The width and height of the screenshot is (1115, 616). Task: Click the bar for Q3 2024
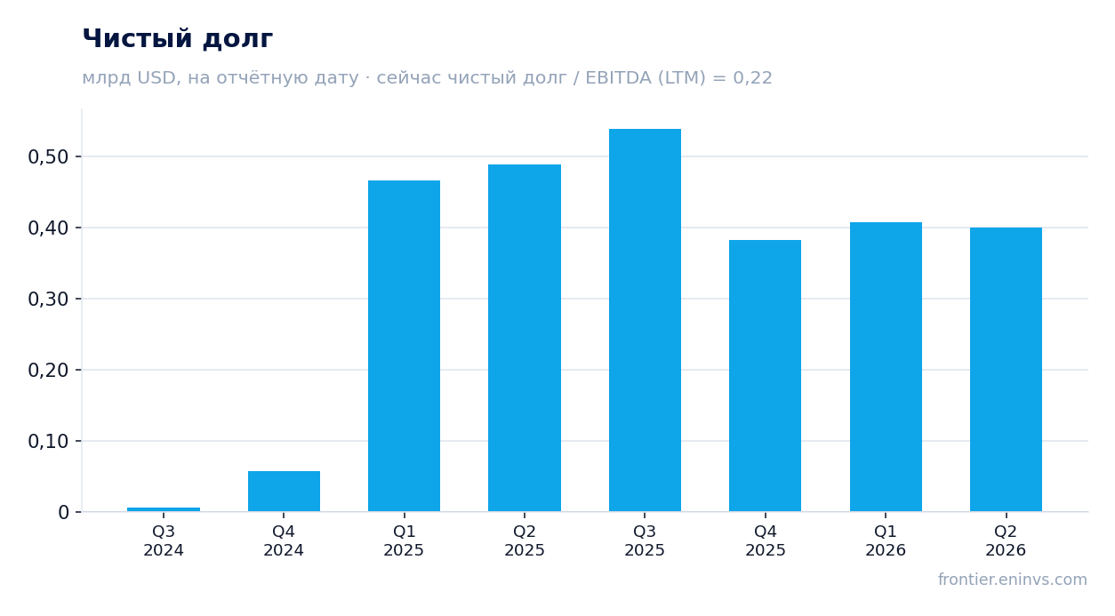click(x=164, y=509)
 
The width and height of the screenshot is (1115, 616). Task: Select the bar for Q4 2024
click(x=285, y=491)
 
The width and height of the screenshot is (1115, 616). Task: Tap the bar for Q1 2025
click(x=405, y=346)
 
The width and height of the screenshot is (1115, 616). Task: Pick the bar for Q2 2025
click(x=525, y=338)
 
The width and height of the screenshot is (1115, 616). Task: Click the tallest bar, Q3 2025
click(x=646, y=320)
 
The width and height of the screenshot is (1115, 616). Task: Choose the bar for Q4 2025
click(x=765, y=376)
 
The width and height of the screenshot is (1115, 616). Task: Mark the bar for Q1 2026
click(x=886, y=367)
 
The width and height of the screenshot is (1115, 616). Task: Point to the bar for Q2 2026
click(x=1006, y=369)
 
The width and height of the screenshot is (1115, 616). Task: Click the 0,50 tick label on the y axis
click(x=48, y=156)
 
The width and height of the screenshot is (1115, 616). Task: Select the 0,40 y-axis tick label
click(x=48, y=228)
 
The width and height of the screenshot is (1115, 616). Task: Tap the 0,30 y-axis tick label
click(x=48, y=299)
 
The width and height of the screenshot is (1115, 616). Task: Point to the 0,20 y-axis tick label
click(x=48, y=370)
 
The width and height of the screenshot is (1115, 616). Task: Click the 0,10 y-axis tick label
click(x=48, y=442)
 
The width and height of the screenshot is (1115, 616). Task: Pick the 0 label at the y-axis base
click(x=63, y=513)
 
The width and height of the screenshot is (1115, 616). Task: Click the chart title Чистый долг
click(x=178, y=39)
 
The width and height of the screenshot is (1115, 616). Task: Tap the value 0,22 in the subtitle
click(x=752, y=77)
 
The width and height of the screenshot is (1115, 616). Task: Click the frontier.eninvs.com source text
click(x=1013, y=580)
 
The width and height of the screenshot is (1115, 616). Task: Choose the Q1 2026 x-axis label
click(x=886, y=540)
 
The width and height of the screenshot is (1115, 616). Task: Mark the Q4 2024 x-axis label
click(x=284, y=540)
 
